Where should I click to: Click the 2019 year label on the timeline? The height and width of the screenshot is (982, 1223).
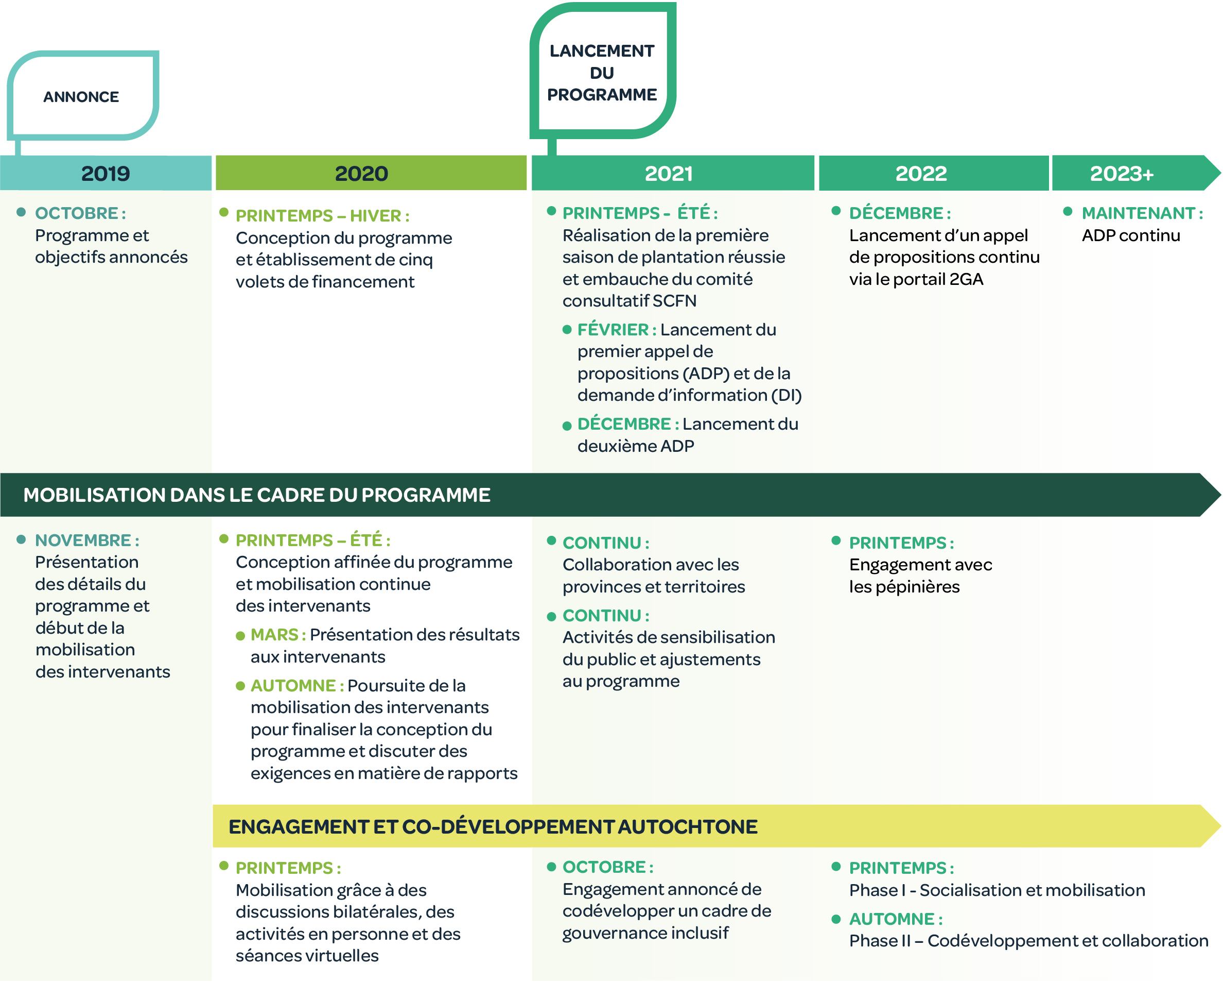coord(106,173)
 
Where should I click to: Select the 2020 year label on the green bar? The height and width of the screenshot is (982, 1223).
coord(361,173)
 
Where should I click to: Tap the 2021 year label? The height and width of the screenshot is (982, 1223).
coord(669,173)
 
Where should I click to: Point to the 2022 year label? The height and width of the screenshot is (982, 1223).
coord(921,173)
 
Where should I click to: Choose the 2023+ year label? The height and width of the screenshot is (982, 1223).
coord(1122,173)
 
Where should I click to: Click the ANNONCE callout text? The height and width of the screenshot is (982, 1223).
coord(81,97)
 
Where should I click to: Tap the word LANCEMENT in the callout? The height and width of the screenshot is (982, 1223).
coord(602,51)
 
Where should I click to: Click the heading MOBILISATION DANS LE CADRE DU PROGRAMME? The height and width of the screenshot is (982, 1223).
coord(256,495)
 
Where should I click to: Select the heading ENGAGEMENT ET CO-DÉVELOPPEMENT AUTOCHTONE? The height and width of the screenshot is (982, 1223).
coord(493,826)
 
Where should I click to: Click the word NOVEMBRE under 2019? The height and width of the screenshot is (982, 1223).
coord(83,540)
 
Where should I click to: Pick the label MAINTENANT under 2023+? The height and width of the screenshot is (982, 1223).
coord(1138,213)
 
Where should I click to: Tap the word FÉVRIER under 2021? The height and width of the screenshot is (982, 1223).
coord(613,330)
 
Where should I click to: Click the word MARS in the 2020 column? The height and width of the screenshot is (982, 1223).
coord(274,635)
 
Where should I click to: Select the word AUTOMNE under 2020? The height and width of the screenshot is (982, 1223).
coord(293,686)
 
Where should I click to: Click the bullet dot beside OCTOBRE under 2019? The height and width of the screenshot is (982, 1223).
coord(21,212)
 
